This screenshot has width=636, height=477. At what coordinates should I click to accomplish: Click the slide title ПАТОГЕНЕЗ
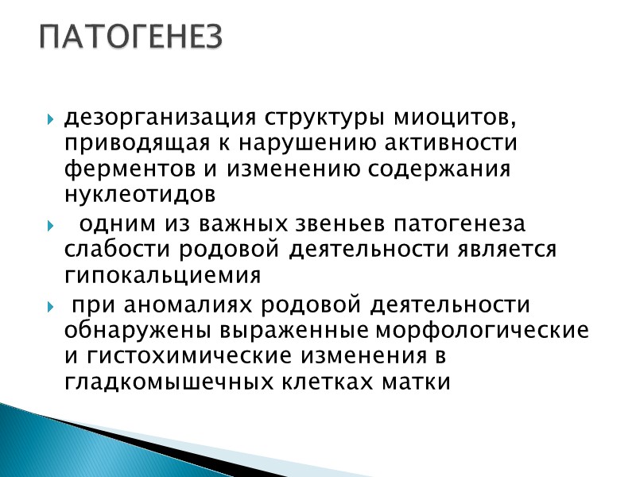coord(132,36)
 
